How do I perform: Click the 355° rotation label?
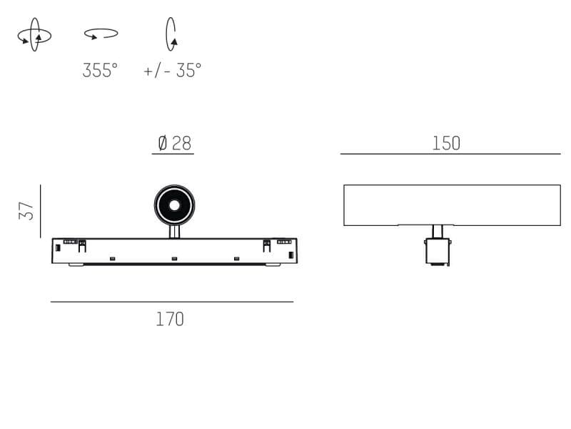click(x=100, y=71)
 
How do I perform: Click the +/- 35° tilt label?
click(x=172, y=71)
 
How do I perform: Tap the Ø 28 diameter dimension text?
click(x=174, y=143)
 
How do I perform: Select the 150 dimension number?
click(x=446, y=143)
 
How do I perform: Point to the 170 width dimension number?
click(x=170, y=319)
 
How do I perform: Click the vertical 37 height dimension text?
click(x=26, y=211)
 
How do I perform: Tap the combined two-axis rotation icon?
click(x=34, y=35)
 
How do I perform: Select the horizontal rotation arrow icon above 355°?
click(x=101, y=33)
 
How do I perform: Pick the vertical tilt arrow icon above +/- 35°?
click(x=171, y=34)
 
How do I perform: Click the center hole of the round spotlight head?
click(x=174, y=205)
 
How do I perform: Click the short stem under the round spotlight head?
click(x=174, y=232)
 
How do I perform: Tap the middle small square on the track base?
click(x=174, y=258)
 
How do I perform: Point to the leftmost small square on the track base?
click(x=112, y=258)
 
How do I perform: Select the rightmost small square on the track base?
click(x=236, y=258)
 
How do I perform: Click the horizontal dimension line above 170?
click(x=171, y=302)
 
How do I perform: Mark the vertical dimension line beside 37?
click(x=41, y=211)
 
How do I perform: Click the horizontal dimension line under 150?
click(x=450, y=154)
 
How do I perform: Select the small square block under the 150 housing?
click(x=438, y=251)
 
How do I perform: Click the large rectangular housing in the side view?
click(x=452, y=204)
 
